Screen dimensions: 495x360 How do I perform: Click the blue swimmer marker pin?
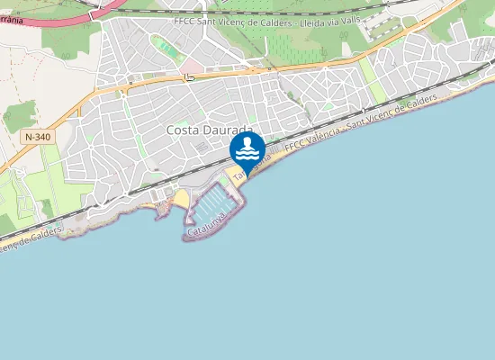247,150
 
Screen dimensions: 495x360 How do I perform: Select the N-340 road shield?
38,136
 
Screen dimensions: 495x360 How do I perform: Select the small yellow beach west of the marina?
181,197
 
